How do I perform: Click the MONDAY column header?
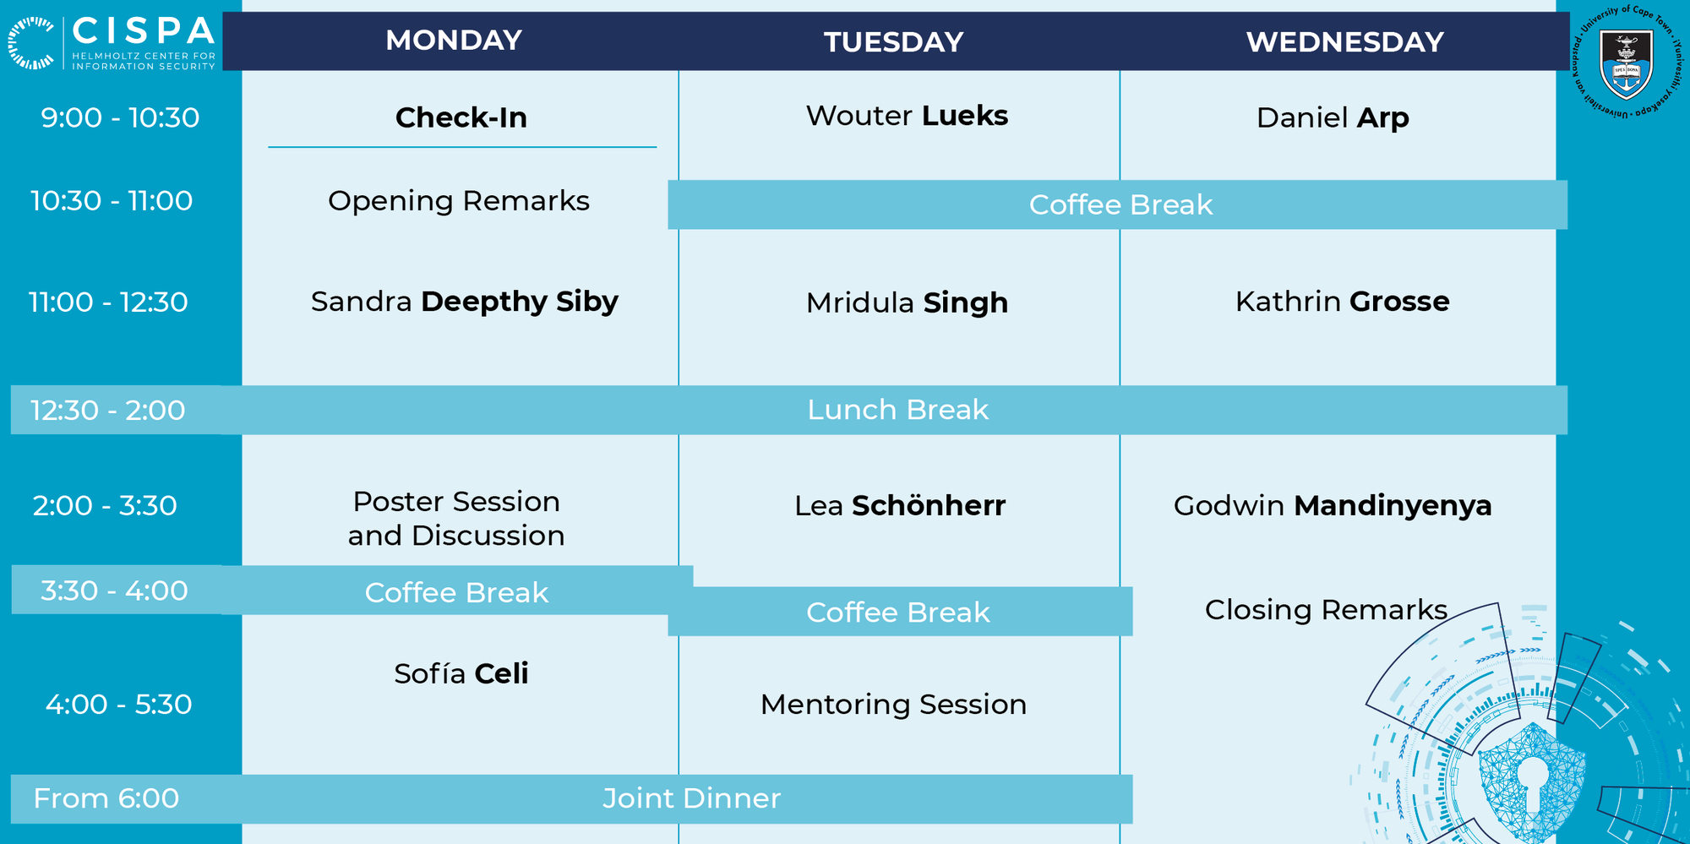tap(454, 40)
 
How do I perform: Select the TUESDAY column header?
tap(894, 41)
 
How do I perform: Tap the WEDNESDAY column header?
tap(1344, 41)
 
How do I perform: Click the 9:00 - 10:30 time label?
tap(120, 117)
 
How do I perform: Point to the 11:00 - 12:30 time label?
tap(108, 302)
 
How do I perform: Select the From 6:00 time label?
tap(106, 798)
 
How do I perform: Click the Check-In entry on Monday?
tap(461, 117)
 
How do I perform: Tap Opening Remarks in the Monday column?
tap(459, 201)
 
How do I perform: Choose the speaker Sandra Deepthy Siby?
tap(465, 302)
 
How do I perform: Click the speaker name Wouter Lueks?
tap(907, 116)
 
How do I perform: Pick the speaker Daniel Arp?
tap(1333, 118)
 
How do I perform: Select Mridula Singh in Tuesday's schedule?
tap(907, 302)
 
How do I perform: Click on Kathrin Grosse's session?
tap(1342, 302)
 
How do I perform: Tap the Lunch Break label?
tap(897, 410)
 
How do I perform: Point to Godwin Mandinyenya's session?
tap(1333, 506)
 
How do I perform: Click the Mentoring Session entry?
tap(893, 705)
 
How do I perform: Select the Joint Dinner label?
tap(691, 798)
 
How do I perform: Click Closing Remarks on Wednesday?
tap(1326, 610)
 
